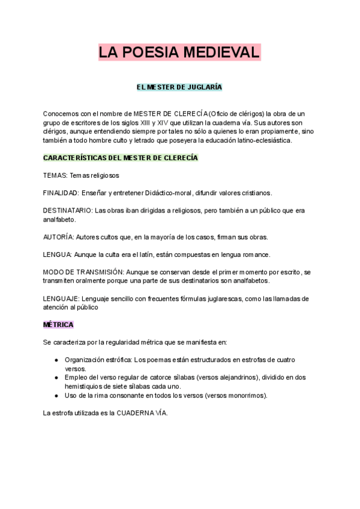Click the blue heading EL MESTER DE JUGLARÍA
[179, 87]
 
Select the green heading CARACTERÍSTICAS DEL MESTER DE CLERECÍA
[121, 158]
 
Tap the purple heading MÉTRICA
[58, 325]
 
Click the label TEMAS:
[55, 175]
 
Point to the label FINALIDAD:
[61, 193]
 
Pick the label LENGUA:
[58, 254]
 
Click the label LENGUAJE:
[61, 298]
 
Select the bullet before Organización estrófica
[56, 360]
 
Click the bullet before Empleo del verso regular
[56, 378]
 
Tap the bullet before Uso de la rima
[56, 396]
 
